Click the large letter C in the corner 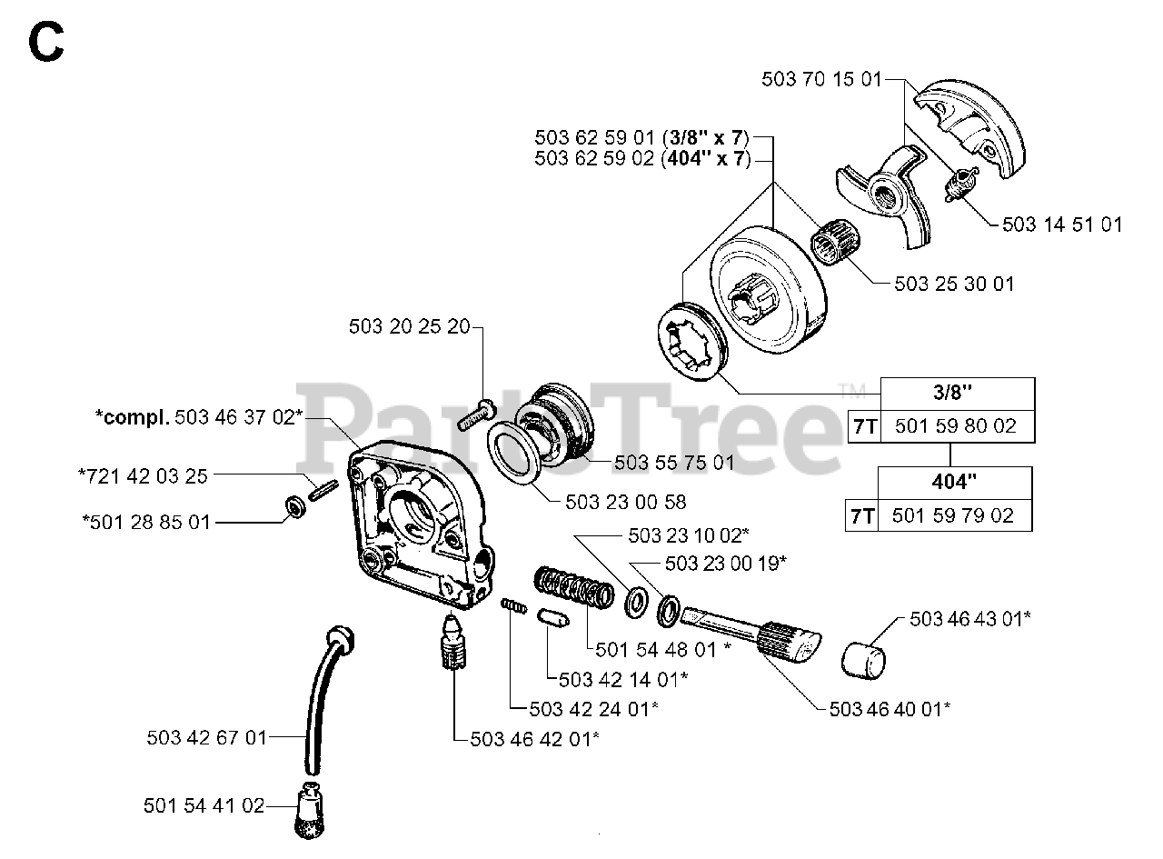coord(45,43)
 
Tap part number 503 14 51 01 coord(1061,224)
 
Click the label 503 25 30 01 coord(954,284)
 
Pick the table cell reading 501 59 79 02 coord(952,515)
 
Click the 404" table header coord(953,482)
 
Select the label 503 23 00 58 coord(625,502)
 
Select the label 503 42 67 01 coord(207,737)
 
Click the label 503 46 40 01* coord(890,709)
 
